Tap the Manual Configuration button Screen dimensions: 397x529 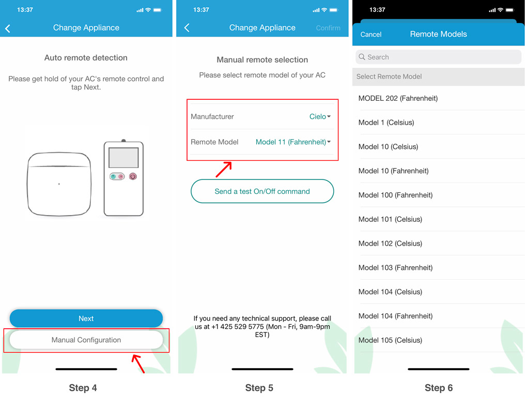point(86,340)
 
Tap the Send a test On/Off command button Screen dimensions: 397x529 point(262,191)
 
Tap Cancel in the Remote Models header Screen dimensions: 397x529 point(371,35)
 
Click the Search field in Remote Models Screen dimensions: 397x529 point(438,57)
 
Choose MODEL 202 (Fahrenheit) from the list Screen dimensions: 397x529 point(398,98)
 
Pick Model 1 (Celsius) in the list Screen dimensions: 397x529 point(386,123)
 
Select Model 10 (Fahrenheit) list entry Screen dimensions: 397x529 point(393,171)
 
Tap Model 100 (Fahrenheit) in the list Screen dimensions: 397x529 point(395,195)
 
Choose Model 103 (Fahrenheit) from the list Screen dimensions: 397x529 point(395,268)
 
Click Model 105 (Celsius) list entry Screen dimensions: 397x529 point(390,340)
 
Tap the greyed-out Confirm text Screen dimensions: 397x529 point(328,28)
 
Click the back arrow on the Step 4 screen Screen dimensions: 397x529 point(8,28)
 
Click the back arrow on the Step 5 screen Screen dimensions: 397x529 point(187,28)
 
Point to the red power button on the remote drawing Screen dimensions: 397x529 point(133,176)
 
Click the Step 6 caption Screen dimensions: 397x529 point(439,388)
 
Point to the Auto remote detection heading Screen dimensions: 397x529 point(86,58)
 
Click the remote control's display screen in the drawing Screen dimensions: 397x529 point(123,158)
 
